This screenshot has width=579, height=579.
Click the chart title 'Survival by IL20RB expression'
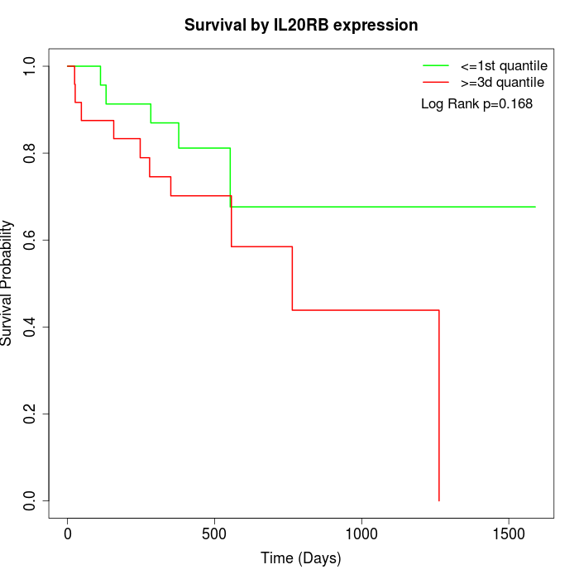click(x=301, y=25)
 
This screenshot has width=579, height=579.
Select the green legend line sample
click(x=436, y=65)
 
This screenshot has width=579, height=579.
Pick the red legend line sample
click(x=436, y=82)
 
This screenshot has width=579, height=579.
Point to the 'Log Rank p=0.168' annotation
click(x=476, y=103)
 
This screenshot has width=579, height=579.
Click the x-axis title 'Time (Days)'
click(x=301, y=558)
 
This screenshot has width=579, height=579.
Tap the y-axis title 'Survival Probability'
click(x=8, y=283)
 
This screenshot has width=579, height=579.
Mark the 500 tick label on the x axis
click(x=215, y=534)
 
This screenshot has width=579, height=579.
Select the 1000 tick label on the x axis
click(x=361, y=534)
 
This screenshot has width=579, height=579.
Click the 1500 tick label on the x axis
click(x=509, y=534)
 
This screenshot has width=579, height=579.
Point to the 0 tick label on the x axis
click(x=68, y=534)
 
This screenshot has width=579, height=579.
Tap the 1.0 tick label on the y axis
click(x=31, y=66)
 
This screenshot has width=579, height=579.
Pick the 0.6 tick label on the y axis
click(x=31, y=240)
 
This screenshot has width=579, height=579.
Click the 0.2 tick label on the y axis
click(x=31, y=414)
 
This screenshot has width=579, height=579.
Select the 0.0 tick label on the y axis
click(x=31, y=500)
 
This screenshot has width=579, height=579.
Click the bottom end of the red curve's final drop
click(x=438, y=500)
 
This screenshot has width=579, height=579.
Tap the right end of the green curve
click(x=535, y=207)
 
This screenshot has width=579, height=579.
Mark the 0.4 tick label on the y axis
click(x=31, y=327)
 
